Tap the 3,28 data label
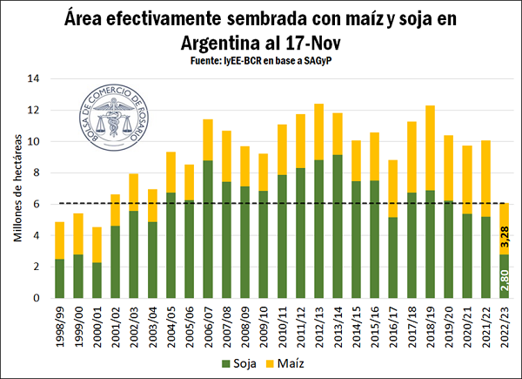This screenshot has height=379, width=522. point(504,233)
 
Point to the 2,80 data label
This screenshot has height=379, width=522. point(504,281)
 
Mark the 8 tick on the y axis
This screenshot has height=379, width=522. point(37,173)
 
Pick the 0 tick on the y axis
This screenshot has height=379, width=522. point(37,298)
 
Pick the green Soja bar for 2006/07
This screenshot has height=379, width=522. point(208,229)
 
